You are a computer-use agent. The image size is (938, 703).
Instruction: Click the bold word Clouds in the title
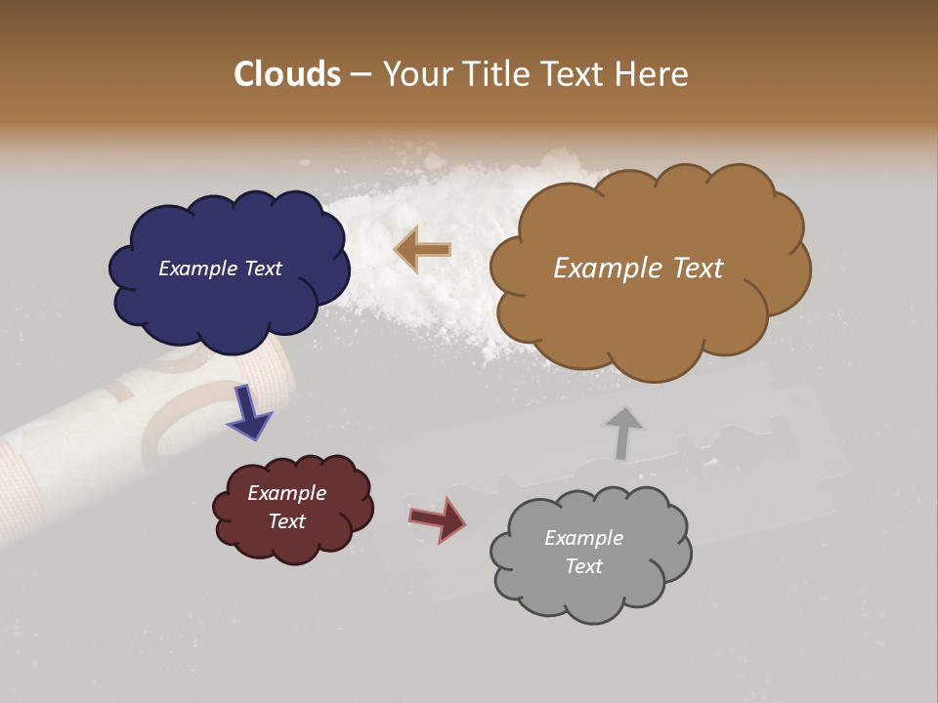(x=287, y=74)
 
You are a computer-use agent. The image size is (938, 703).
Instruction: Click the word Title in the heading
(x=495, y=74)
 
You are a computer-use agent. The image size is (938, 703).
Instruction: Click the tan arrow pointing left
(x=423, y=250)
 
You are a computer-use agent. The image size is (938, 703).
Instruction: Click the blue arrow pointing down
(x=250, y=413)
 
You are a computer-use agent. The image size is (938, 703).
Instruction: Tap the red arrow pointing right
(x=437, y=519)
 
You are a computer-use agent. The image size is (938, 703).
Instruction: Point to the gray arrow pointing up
(x=622, y=432)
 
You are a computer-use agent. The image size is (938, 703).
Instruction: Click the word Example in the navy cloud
(x=195, y=269)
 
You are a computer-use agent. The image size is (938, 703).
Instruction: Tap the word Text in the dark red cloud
(x=287, y=521)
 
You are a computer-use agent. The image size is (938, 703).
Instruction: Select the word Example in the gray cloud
(x=583, y=538)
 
